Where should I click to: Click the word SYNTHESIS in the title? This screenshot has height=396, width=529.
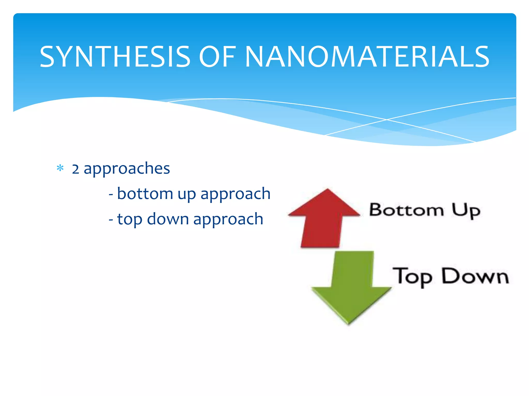pyautogui.click(x=115, y=57)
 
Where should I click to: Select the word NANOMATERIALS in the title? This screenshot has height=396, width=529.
pyautogui.click(x=367, y=57)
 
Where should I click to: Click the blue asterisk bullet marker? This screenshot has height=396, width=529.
pyautogui.click(x=60, y=168)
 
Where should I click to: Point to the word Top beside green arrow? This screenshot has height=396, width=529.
pyautogui.click(x=412, y=277)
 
